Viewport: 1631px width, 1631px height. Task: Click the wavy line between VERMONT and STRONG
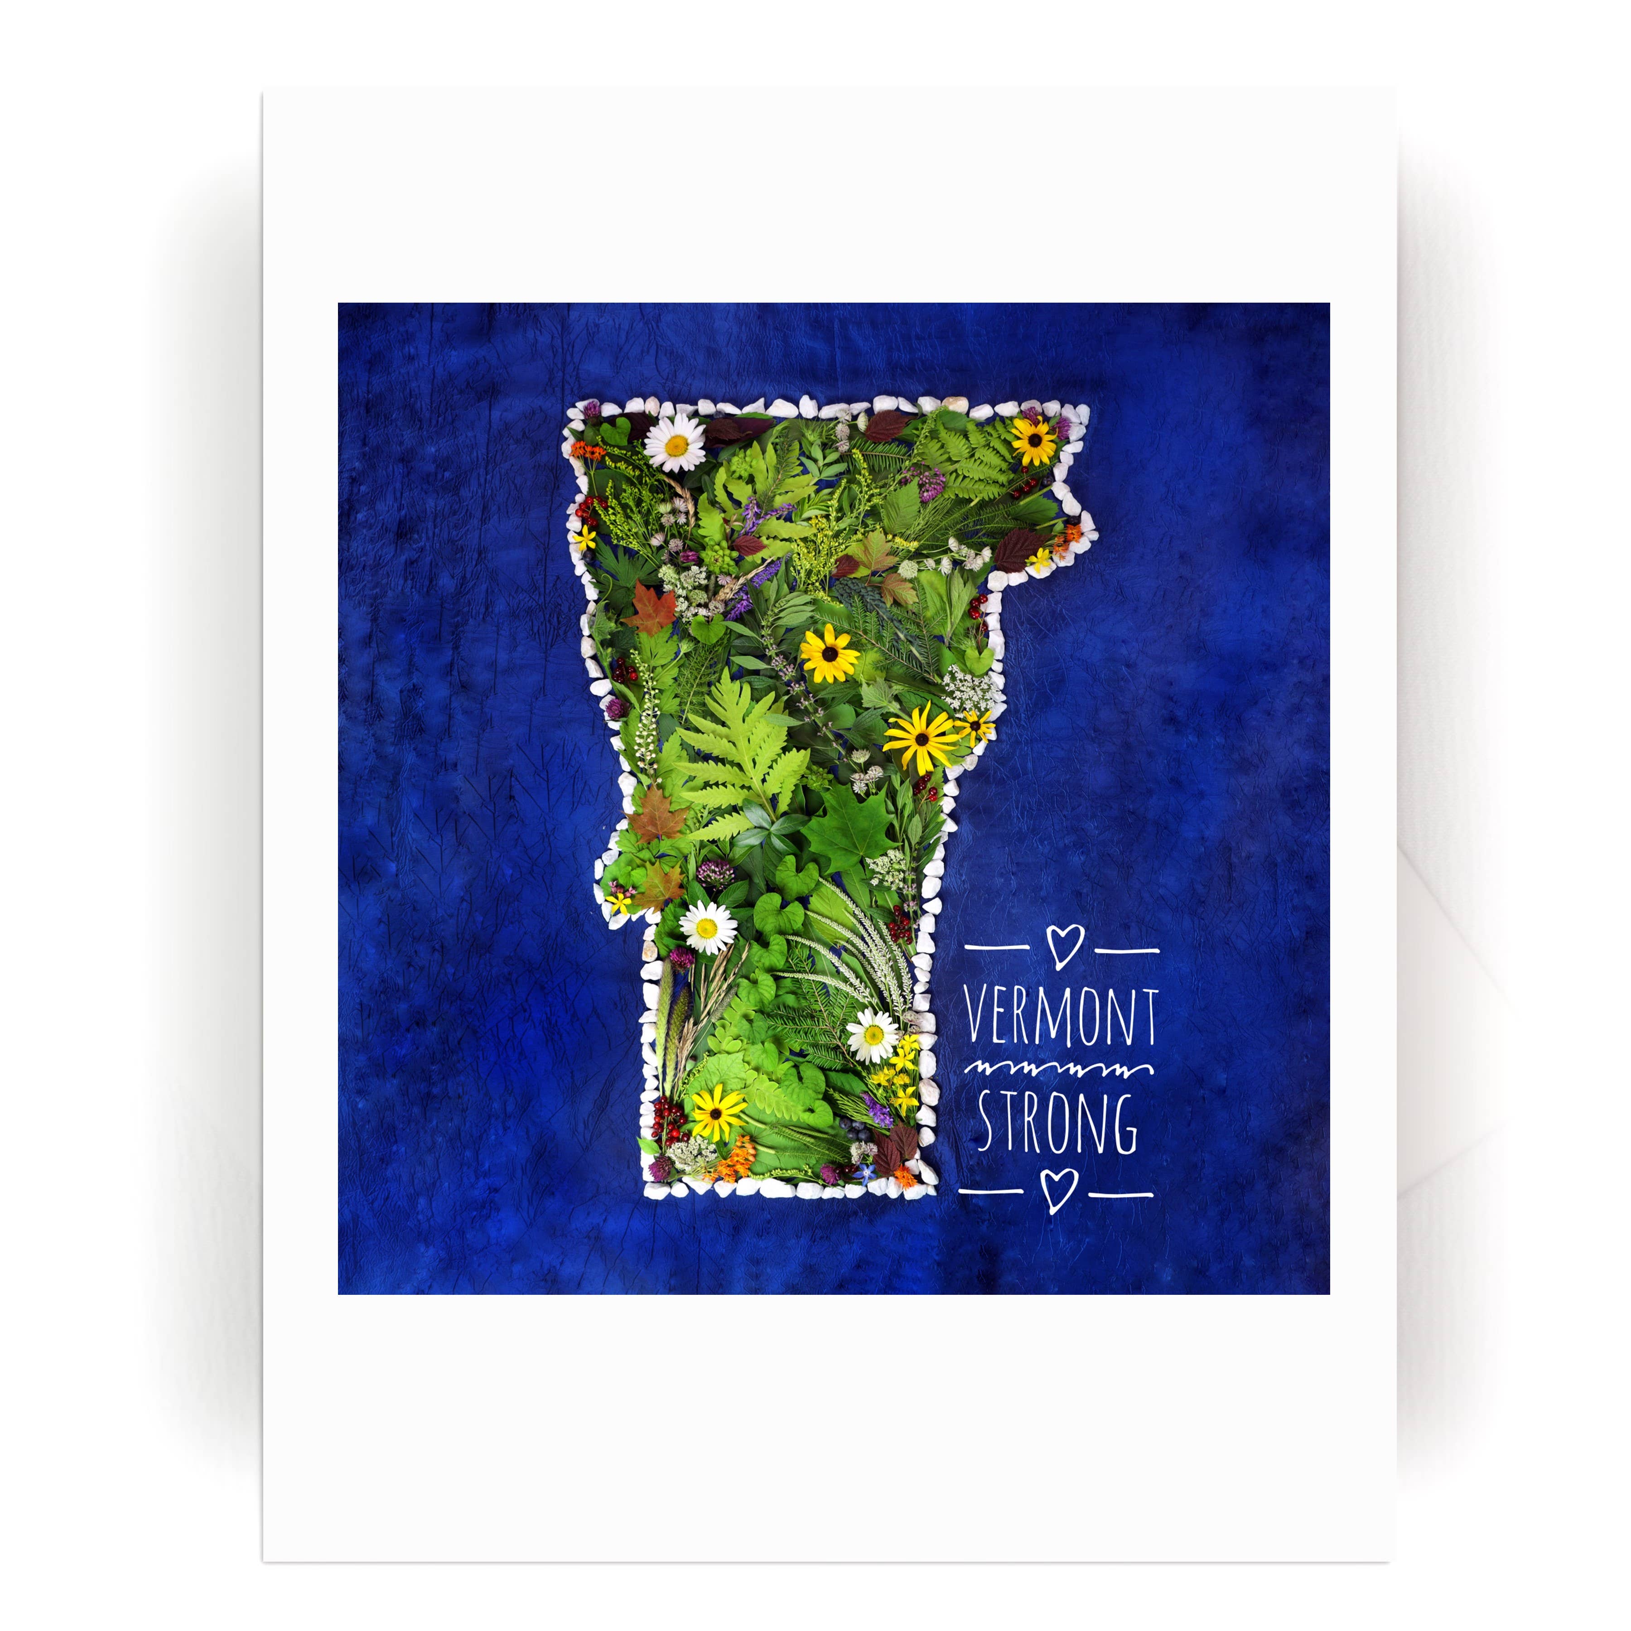[1060, 1070]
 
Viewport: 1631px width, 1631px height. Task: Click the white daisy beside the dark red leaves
[676, 442]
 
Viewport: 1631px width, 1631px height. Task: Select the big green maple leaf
[847, 827]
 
